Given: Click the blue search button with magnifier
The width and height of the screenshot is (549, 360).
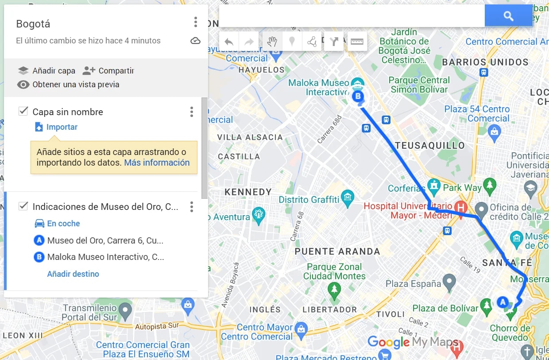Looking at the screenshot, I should point(508,16).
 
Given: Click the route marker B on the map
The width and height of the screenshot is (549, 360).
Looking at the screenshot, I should point(358,96).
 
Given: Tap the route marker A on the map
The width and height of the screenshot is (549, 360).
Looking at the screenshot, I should point(502,302).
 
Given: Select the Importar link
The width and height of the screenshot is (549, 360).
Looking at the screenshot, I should point(62,127).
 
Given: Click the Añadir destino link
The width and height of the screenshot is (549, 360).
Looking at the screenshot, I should point(73,274).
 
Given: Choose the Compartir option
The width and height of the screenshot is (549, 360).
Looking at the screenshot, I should point(108,70).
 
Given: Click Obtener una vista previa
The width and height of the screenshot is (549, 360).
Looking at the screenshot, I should point(69,85).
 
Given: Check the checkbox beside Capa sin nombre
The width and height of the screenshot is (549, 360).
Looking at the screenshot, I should point(23,111).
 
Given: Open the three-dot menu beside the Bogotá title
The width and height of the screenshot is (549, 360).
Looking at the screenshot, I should point(195,22).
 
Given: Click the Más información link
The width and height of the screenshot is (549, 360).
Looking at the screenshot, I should point(157,163).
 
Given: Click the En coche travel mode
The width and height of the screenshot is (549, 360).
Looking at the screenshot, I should point(63,224).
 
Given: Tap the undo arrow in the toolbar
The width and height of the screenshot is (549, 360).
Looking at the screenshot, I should point(229,42).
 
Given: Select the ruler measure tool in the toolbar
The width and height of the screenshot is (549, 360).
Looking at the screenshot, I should point(357,42).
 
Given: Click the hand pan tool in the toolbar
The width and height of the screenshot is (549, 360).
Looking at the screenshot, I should point(272,42).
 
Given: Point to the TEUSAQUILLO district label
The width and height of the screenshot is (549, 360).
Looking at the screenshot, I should point(430,146).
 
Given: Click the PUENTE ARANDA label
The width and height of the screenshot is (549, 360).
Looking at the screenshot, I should point(337,252).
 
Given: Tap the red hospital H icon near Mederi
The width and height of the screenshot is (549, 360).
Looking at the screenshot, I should point(461,207).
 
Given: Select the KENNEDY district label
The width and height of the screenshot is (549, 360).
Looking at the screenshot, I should point(248,192).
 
